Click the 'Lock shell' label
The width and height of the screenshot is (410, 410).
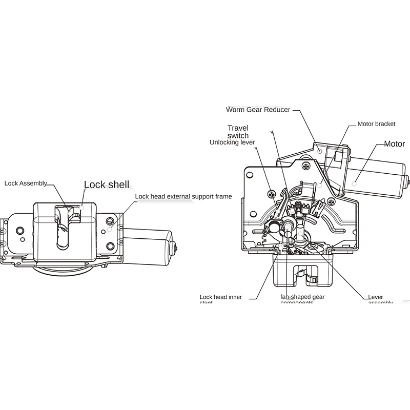click(107, 184)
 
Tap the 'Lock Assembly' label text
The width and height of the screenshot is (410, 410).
click(26, 183)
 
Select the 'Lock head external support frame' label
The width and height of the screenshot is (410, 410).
click(183, 196)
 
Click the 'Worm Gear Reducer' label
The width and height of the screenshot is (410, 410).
click(258, 110)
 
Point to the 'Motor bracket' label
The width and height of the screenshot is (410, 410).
click(376, 124)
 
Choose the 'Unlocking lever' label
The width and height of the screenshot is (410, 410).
click(232, 142)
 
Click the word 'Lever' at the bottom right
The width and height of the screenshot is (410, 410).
click(376, 297)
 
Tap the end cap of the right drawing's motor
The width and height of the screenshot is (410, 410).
click(406, 180)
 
